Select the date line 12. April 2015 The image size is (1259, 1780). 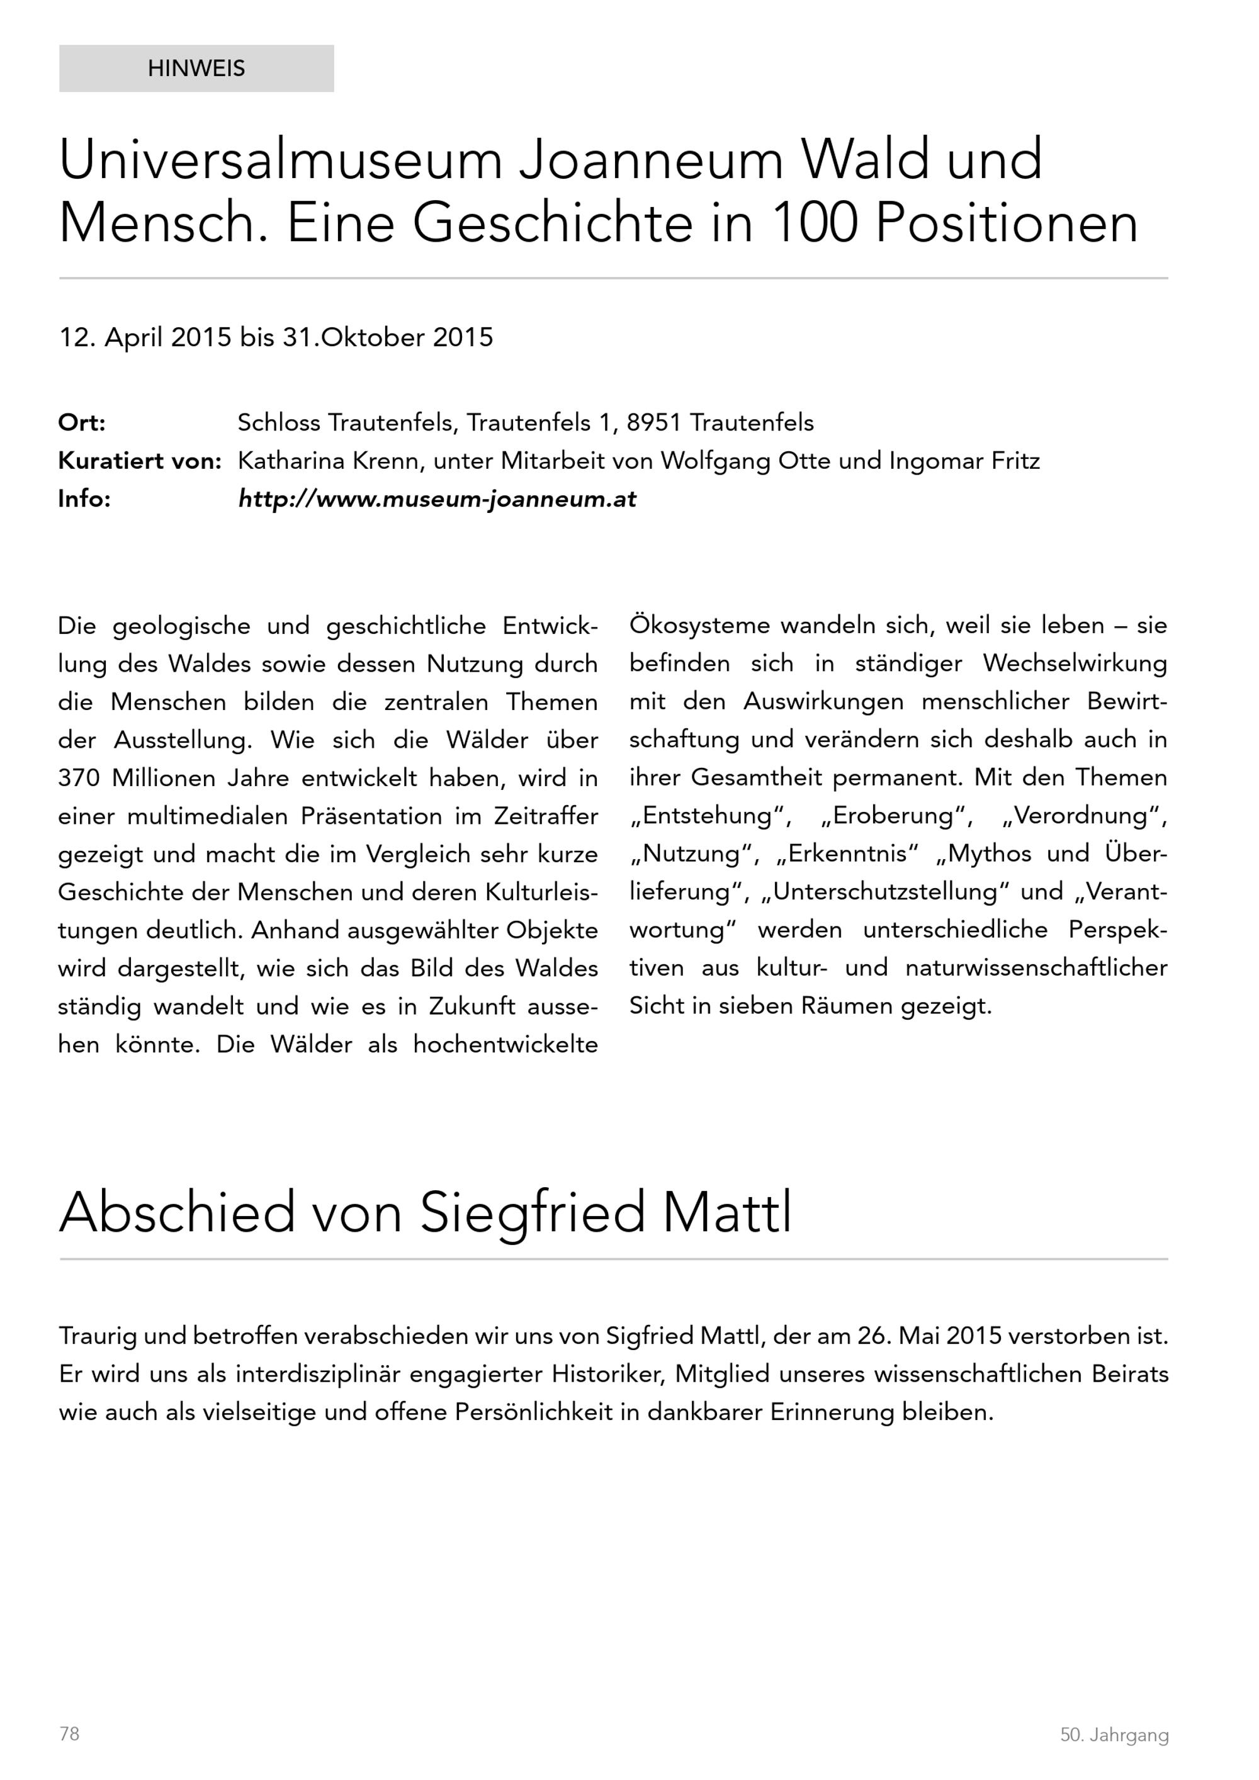[145, 337]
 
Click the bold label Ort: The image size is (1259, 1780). [81, 424]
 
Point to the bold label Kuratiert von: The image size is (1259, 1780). [140, 461]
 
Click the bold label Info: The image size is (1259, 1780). [84, 499]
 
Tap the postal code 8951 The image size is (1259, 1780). [653, 424]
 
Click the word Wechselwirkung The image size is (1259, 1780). [1075, 663]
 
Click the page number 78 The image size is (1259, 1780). [69, 1733]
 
